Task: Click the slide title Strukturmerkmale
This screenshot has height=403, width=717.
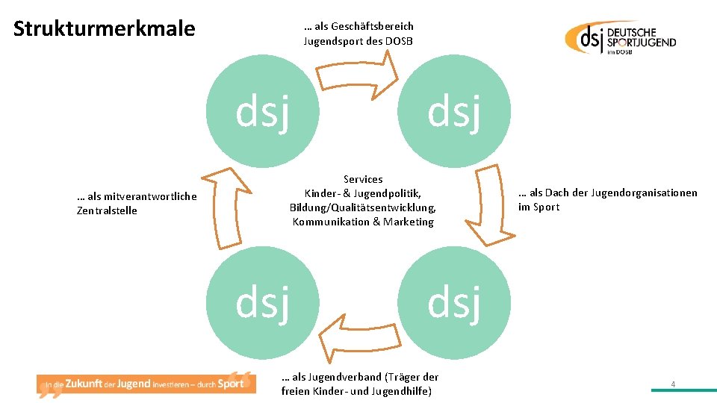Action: (104, 29)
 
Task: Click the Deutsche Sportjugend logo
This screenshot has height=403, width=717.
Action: (621, 37)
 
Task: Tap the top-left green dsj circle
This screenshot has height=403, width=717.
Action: (262, 111)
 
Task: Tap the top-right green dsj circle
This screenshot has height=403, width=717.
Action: (454, 111)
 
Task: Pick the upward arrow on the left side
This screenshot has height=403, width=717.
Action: (228, 205)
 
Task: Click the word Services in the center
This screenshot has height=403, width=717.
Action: (363, 179)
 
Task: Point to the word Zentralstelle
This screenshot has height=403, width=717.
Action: (107, 210)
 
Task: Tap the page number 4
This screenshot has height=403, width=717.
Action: (673, 384)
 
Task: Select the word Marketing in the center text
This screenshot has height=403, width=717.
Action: (409, 222)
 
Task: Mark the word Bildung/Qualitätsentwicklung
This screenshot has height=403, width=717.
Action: (362, 207)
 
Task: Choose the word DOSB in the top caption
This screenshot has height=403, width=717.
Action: (399, 41)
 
